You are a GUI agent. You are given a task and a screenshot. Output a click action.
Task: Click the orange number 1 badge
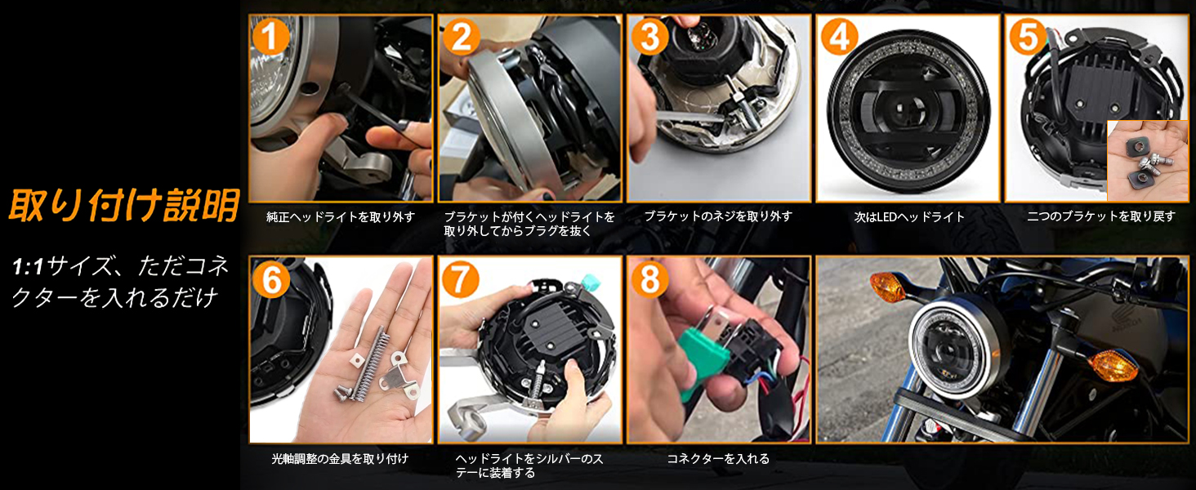(270, 37)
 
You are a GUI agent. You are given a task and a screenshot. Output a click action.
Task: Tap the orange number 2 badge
(460, 37)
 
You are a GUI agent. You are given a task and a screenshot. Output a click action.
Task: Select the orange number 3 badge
(649, 37)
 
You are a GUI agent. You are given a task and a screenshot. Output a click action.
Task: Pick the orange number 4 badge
(839, 37)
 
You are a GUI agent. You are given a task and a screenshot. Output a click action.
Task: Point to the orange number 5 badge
(1028, 37)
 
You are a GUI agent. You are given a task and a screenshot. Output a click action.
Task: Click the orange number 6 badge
(270, 279)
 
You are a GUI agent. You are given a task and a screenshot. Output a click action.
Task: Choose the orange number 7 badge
(460, 279)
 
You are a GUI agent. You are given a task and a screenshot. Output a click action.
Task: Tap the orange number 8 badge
(649, 279)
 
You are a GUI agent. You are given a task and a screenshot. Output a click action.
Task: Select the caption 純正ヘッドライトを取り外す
(341, 217)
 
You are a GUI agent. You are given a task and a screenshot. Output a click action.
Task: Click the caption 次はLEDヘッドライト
(909, 217)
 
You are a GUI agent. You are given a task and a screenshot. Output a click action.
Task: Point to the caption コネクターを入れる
(718, 459)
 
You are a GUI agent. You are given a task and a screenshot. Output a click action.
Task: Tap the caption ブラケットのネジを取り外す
(718, 217)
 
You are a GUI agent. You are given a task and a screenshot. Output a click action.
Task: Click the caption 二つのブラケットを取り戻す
(1100, 217)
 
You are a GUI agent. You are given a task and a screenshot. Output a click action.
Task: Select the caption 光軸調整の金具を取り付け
(340, 459)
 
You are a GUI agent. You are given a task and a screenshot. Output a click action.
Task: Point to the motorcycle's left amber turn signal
(886, 287)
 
